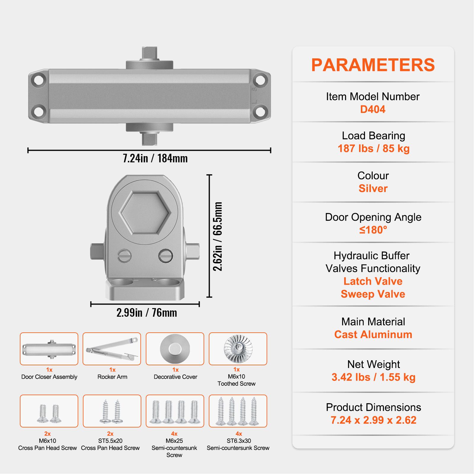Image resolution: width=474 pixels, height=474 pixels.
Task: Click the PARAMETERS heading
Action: coord(373,65)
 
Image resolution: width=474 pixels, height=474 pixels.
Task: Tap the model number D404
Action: coord(373,109)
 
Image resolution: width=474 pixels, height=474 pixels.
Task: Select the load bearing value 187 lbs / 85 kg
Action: coord(374,148)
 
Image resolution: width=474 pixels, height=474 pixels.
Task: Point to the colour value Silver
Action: coord(373,188)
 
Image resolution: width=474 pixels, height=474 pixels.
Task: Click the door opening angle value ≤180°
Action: coord(373,230)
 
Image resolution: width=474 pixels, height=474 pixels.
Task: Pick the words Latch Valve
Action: coord(373,281)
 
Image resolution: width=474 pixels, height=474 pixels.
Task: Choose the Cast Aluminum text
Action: coord(373,334)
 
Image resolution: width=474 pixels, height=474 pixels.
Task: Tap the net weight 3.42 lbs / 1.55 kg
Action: coord(374,377)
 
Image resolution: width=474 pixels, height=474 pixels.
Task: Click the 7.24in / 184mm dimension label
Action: coord(155,158)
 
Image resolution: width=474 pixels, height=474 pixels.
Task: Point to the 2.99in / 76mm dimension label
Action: coord(147,313)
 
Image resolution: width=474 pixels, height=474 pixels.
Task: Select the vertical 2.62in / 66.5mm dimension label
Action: coord(218,236)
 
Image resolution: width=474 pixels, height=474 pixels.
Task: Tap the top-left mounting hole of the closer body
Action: coord(39,80)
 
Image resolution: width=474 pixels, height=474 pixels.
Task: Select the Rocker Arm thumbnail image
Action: coord(112,349)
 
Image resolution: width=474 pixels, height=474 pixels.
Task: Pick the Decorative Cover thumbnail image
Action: coord(175,349)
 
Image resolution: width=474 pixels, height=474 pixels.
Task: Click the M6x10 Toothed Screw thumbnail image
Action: coord(238,349)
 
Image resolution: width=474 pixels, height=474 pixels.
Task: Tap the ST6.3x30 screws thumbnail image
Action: coord(238,411)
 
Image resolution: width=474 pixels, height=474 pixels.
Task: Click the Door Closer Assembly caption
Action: coord(49,377)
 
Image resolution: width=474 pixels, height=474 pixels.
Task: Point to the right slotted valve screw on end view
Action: coord(165,255)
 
